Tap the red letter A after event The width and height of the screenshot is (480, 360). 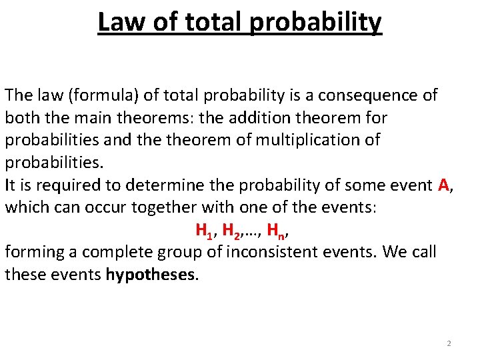pos(445,185)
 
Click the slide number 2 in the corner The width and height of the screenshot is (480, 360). pos(449,343)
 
